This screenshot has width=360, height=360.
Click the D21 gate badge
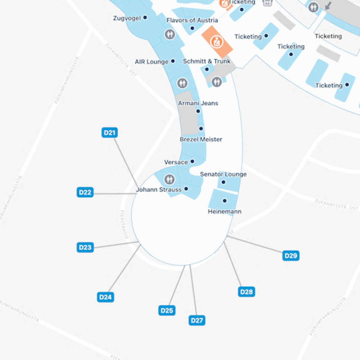109,133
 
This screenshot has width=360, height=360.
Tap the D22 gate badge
85,192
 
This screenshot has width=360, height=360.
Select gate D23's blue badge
85,247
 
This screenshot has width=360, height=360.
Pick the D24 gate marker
105,297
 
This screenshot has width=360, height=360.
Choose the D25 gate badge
167,310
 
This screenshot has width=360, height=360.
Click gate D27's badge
197,320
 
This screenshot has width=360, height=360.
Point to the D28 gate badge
246,292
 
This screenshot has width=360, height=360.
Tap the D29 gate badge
291,256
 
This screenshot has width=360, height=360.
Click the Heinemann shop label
225,211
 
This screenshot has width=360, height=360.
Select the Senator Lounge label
223,174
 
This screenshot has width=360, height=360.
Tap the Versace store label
176,162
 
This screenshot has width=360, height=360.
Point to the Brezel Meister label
201,139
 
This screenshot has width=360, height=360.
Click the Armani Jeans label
198,103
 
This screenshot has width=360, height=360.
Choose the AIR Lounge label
151,62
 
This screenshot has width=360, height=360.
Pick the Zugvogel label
127,18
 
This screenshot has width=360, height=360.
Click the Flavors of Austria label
192,20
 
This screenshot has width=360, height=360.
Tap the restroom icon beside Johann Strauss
169,179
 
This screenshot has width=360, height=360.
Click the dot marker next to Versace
193,161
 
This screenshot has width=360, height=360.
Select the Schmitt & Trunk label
207,61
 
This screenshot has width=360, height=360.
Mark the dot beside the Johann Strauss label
186,189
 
